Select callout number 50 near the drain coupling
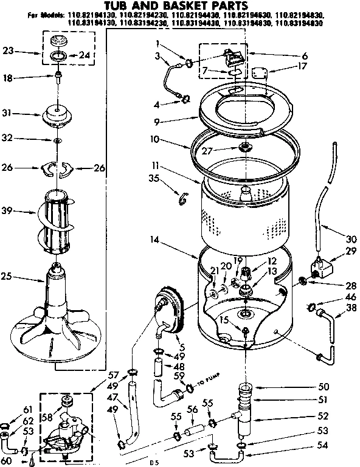(323, 387)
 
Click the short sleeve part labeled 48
(159, 367)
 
